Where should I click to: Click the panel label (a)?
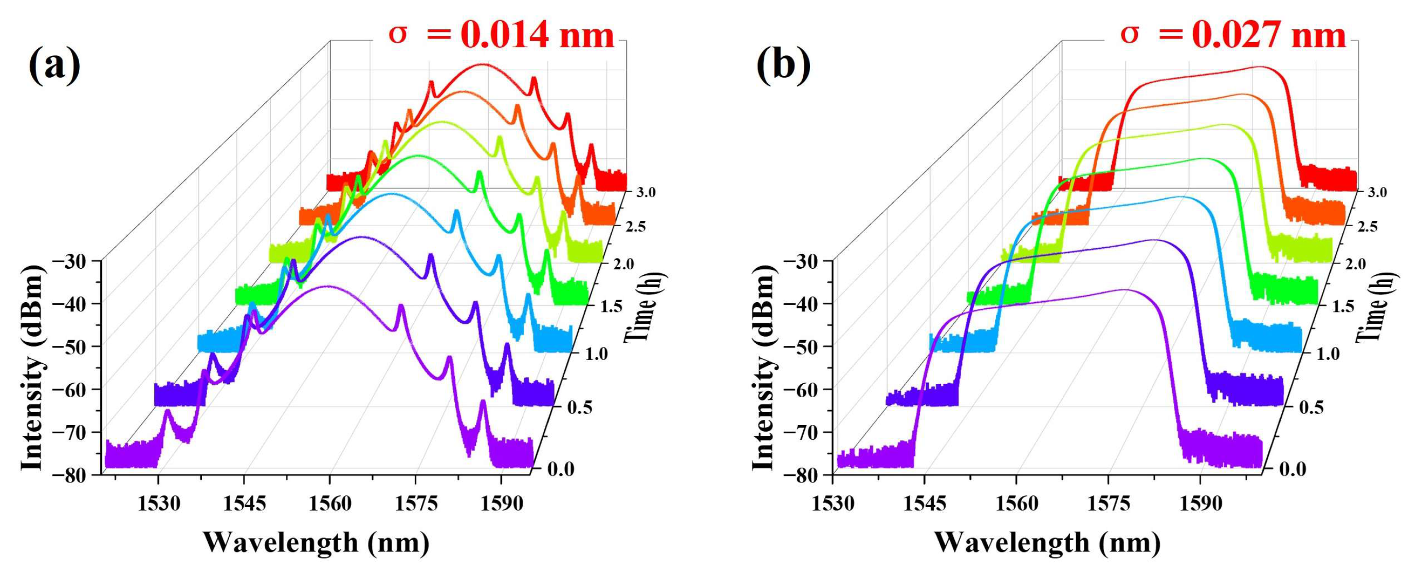click(x=54, y=66)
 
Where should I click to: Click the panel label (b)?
click(x=783, y=66)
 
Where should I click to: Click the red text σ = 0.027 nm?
click(x=1233, y=35)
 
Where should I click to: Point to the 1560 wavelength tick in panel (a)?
click(x=329, y=504)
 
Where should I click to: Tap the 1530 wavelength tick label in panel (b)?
click(x=833, y=504)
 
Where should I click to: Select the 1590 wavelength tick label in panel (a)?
click(x=501, y=504)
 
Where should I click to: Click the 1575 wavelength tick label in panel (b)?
click(x=1108, y=504)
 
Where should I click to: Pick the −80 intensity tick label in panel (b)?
click(x=806, y=475)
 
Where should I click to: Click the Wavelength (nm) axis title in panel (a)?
click(x=316, y=543)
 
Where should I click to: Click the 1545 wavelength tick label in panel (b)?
click(x=925, y=504)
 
